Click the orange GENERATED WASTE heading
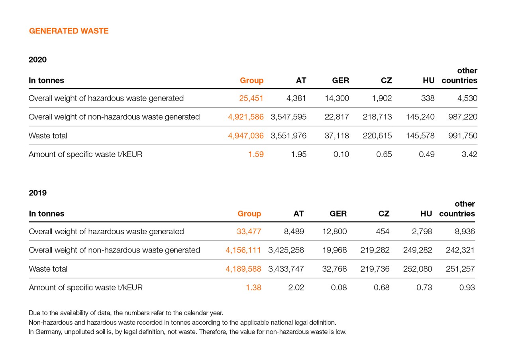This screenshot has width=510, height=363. pyautogui.click(x=69, y=31)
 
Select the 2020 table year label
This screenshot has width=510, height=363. pyautogui.click(x=37, y=60)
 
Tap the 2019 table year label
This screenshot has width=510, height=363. pyautogui.click(x=37, y=193)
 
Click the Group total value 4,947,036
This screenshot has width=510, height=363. pyautogui.click(x=245, y=136)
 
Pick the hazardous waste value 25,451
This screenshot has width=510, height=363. pyautogui.click(x=251, y=98)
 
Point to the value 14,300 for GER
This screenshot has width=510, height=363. pyautogui.click(x=337, y=98)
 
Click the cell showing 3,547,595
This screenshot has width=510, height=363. pyautogui.click(x=288, y=117)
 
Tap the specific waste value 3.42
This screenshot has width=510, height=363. pyautogui.click(x=469, y=154)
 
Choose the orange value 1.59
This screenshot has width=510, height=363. pyautogui.click(x=255, y=154)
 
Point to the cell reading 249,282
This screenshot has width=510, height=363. pyautogui.click(x=417, y=250)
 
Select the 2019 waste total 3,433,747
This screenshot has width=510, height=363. pyautogui.click(x=286, y=269)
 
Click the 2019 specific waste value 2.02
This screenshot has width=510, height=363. pyautogui.click(x=296, y=288)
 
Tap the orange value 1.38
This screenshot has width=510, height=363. pyautogui.click(x=253, y=288)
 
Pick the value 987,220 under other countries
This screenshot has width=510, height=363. pyautogui.click(x=462, y=117)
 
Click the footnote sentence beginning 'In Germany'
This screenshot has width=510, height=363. pyautogui.click(x=187, y=332)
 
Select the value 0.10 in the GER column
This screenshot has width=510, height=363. pyautogui.click(x=341, y=154)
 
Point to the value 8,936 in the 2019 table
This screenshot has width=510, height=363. pyautogui.click(x=465, y=231)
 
